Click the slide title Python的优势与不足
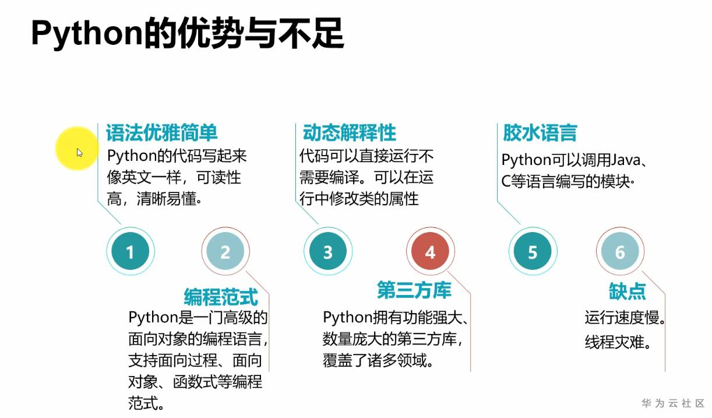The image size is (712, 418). tap(187, 33)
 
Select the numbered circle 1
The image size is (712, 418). tap(130, 252)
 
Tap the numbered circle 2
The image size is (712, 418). tap(225, 252)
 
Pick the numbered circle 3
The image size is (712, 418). tap(327, 252)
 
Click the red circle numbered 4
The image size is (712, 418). tap(430, 252)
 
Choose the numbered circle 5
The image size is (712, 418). tap(533, 252)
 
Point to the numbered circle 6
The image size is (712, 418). tap(620, 252)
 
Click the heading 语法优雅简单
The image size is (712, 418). tap(161, 133)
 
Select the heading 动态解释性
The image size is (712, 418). tap(349, 133)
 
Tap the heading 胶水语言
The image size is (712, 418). tap(540, 133)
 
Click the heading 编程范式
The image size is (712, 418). tap(221, 297)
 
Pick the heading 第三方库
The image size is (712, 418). tap(414, 290)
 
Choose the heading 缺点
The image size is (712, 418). tap(628, 291)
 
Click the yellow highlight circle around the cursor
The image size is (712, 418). tap(77, 149)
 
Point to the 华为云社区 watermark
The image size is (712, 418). tap(673, 403)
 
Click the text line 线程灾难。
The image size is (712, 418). tap(618, 342)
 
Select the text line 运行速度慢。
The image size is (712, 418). tap(625, 318)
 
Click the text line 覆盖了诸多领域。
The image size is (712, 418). tap(379, 360)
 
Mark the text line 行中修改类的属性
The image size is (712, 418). tap(359, 199)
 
